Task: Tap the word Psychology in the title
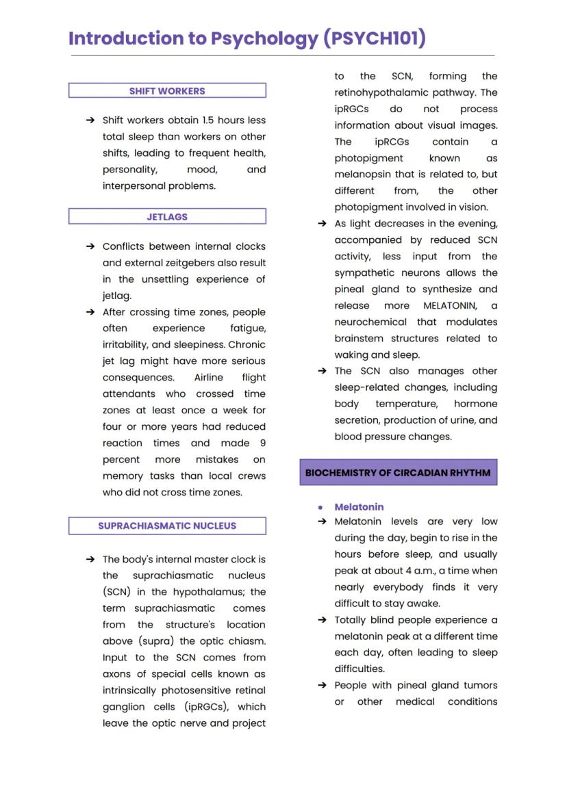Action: [x=264, y=39]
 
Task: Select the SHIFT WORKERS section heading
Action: [x=167, y=91]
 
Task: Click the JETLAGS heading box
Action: [x=167, y=217]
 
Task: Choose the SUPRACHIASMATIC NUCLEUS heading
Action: [x=167, y=526]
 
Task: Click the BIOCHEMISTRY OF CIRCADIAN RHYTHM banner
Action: [x=398, y=473]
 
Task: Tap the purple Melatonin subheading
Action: [x=359, y=507]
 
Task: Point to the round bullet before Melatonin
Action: [x=320, y=508]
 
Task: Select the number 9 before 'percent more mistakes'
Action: [x=262, y=443]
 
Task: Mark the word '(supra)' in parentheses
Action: [x=157, y=641]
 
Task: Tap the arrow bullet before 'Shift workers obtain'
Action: [x=90, y=120]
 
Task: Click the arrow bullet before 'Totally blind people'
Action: [x=322, y=620]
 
